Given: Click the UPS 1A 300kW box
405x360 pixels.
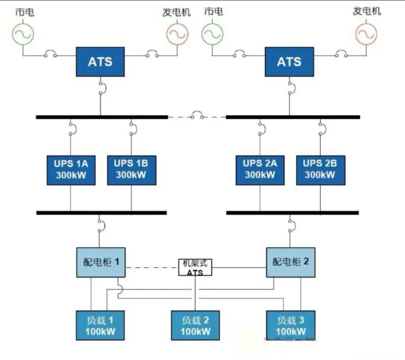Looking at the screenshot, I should (x=71, y=170).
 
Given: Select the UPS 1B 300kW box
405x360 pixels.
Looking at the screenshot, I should (x=131, y=170).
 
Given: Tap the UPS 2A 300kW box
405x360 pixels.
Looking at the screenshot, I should (x=260, y=170).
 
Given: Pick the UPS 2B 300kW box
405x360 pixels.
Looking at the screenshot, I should (x=320, y=170).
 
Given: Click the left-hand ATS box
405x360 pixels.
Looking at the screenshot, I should (x=100, y=62).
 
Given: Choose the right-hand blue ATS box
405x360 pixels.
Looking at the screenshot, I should (x=289, y=62).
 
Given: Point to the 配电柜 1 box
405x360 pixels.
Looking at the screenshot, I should (x=101, y=262).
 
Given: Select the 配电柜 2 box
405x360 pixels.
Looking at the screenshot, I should (x=291, y=262).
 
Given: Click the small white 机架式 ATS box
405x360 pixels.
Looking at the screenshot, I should (x=195, y=267).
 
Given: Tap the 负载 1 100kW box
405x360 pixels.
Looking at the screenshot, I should (x=100, y=325).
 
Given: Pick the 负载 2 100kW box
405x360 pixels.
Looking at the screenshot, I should (x=195, y=325).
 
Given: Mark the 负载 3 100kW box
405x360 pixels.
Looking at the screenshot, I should (x=291, y=325).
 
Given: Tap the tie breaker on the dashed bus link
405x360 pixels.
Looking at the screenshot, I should (x=197, y=115).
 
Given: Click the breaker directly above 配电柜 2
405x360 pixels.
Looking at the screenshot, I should (x=291, y=226).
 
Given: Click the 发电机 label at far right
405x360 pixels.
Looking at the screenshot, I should (x=366, y=11).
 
